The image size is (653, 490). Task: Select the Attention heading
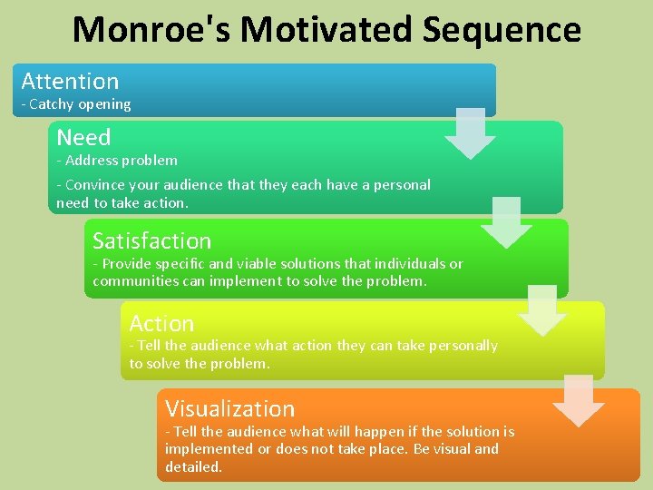pos(70,81)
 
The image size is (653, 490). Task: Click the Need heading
pos(83,137)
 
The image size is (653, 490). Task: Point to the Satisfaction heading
pos(151,240)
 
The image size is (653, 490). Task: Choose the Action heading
pos(161,323)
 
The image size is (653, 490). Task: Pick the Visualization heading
pos(229,408)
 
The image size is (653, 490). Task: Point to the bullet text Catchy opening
pos(80,104)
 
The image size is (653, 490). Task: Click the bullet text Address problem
pos(121,161)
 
